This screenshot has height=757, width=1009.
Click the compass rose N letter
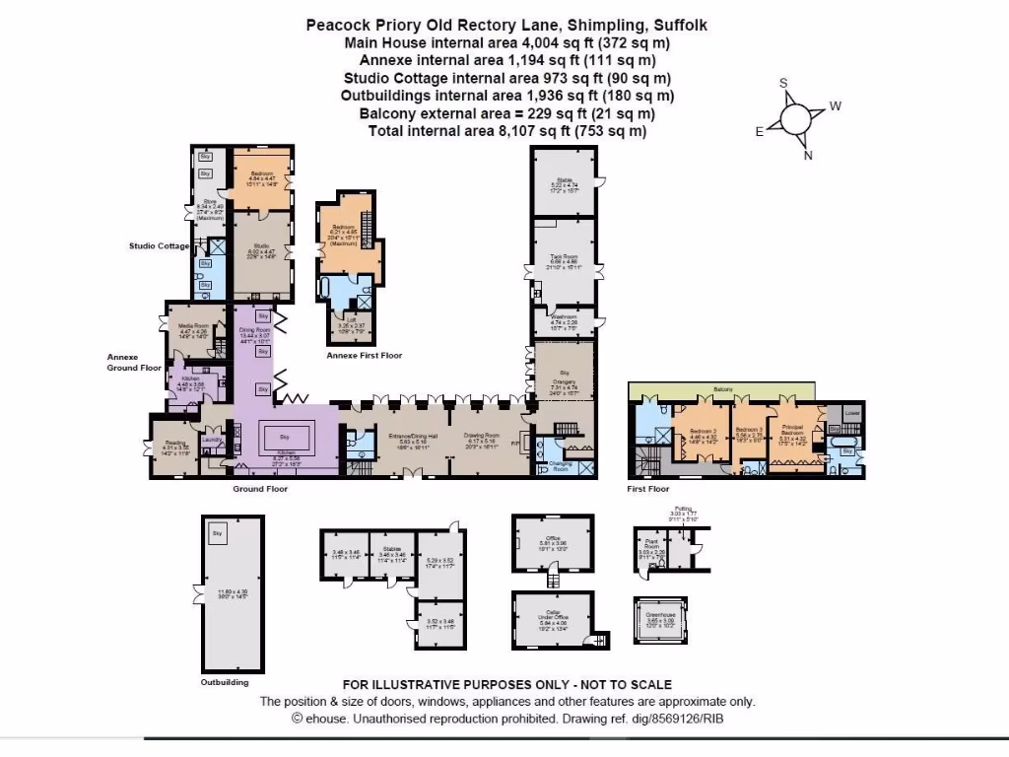(808, 155)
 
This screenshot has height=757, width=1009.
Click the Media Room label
(194, 325)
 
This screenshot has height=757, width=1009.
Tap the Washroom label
(564, 316)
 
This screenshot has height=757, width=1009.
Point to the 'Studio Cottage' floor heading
(159, 245)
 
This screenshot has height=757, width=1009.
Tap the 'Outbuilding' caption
(226, 681)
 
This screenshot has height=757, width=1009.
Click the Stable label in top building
(563, 180)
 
